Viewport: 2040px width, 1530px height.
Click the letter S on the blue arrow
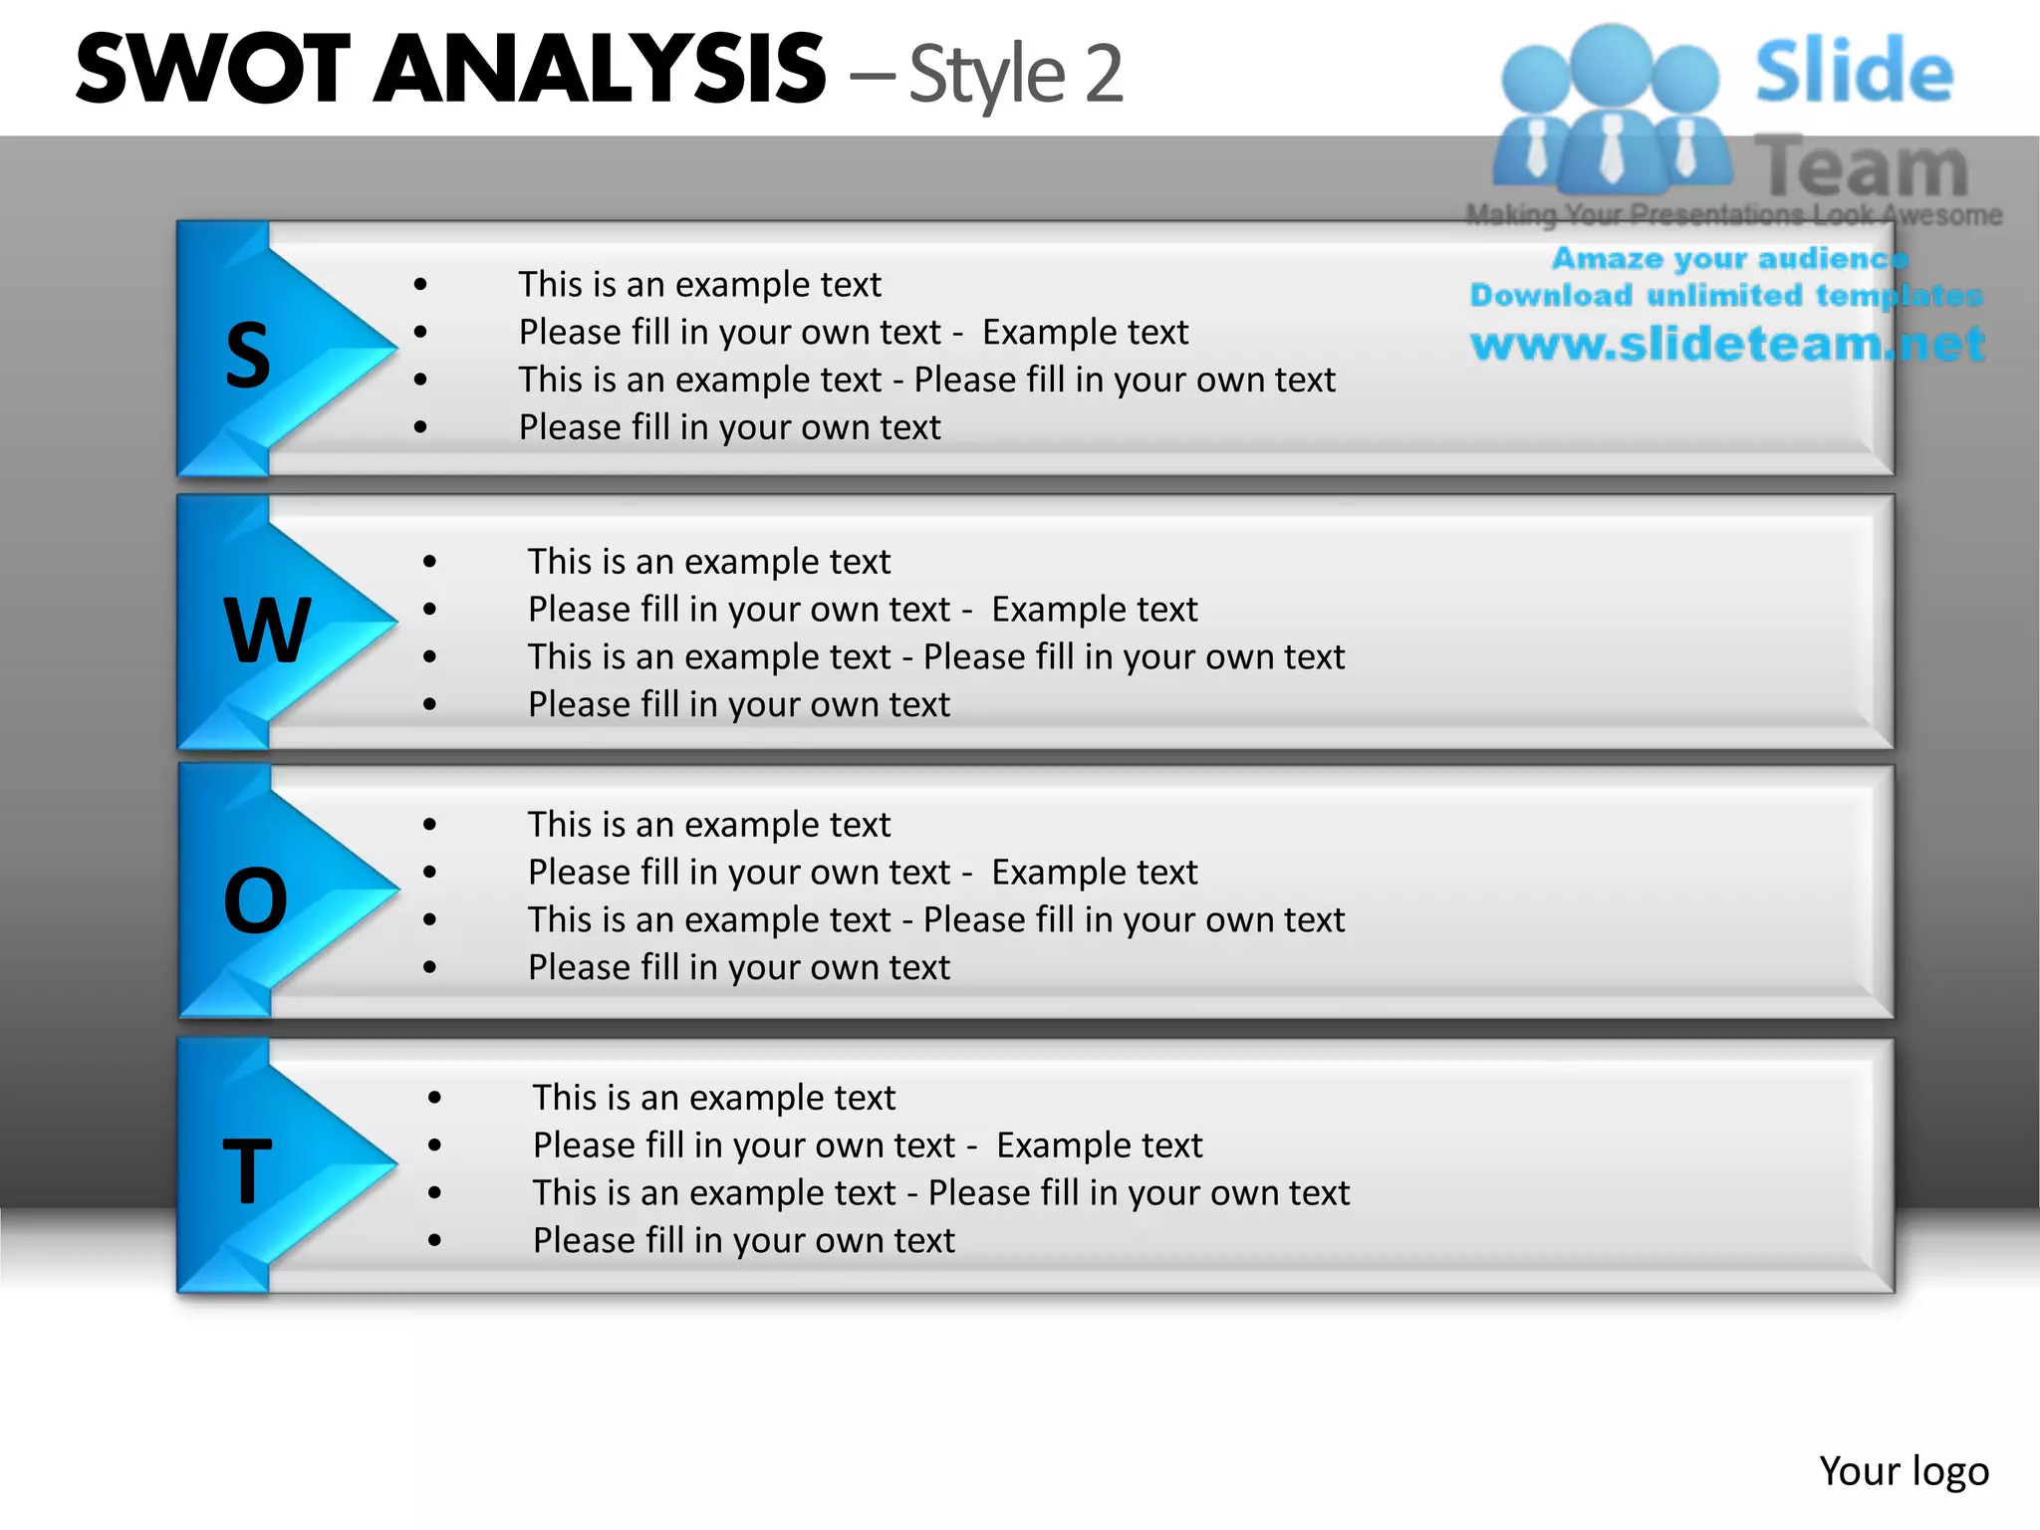tap(248, 357)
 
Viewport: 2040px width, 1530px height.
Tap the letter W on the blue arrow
tap(267, 630)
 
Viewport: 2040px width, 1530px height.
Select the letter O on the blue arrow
tap(256, 900)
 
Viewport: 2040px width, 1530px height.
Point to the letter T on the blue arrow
tap(247, 1171)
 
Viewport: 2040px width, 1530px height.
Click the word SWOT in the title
tap(213, 69)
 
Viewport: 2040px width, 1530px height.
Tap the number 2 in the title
tap(1104, 74)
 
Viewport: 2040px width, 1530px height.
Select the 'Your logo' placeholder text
tap(1904, 1471)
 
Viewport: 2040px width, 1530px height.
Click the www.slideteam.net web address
tap(1728, 344)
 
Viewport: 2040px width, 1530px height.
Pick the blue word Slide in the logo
tap(1854, 71)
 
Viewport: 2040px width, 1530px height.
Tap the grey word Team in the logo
tap(1862, 167)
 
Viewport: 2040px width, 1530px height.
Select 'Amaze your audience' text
tap(1730, 258)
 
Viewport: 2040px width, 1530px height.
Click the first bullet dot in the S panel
tap(420, 285)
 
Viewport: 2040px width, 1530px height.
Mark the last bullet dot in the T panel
tap(435, 1241)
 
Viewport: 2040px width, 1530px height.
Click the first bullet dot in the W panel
tap(429, 562)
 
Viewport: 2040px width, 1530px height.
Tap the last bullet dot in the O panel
tap(429, 967)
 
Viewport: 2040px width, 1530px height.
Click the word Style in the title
tap(987, 75)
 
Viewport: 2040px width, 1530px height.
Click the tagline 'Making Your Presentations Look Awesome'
tap(1733, 214)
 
